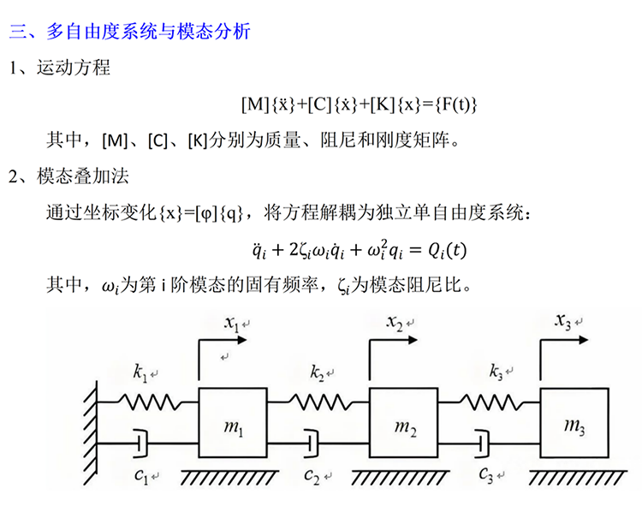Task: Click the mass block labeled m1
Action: pos(234,423)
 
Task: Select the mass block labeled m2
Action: pos(404,423)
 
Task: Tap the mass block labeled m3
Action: pos(574,423)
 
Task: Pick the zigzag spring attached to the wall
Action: pos(146,400)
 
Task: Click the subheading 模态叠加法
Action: pos(82,177)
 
